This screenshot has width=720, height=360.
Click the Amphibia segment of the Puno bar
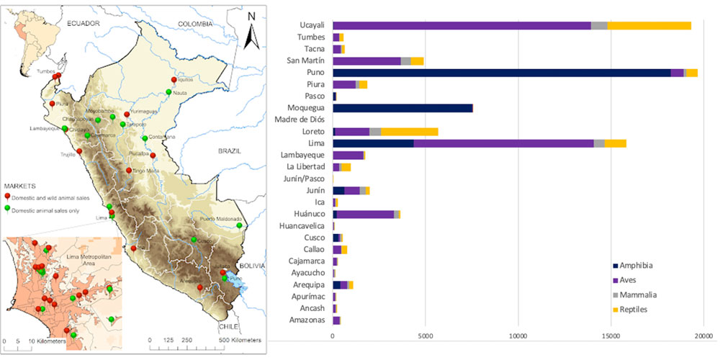(501, 73)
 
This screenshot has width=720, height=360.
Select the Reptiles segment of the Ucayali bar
(649, 25)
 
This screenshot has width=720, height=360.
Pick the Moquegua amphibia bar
(402, 108)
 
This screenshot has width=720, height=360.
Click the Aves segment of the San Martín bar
(366, 60)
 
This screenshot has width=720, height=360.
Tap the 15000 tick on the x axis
(611, 335)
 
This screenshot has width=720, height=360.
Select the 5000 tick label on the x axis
(426, 335)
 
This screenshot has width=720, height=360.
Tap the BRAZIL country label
(235, 152)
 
